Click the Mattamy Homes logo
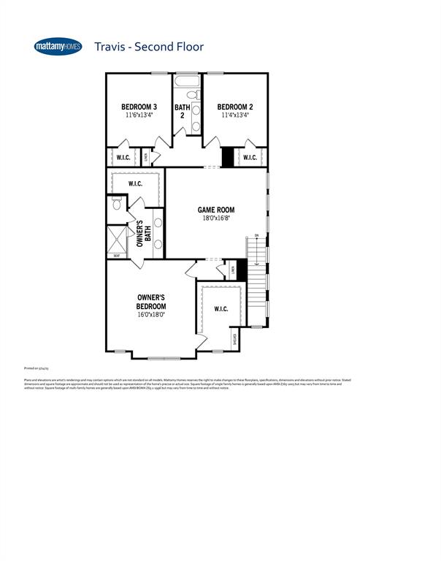[58, 47]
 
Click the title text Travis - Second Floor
[148, 47]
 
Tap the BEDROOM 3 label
[139, 107]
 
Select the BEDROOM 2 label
[235, 107]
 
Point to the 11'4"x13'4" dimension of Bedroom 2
[235, 115]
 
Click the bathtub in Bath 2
[187, 81]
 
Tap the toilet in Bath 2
[192, 95]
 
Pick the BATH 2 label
[182, 111]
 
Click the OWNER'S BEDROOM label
[151, 302]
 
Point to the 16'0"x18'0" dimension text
[151, 315]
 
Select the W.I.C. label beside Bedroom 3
[123, 157]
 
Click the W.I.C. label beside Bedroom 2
[250, 157]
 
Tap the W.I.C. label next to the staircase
[221, 309]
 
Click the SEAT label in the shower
[116, 256]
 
